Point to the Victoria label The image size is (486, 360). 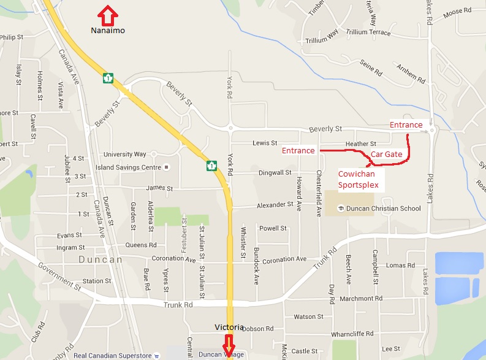[x=229, y=327]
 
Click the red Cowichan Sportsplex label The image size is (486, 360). [x=359, y=179]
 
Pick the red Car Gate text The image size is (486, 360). [x=387, y=155]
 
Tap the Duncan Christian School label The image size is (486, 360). [x=383, y=209]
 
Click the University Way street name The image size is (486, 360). [x=126, y=154]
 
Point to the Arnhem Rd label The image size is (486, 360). [x=410, y=73]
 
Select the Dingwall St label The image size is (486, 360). [x=275, y=173]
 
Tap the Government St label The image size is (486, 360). [x=59, y=274]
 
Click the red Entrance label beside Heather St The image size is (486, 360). [x=298, y=150]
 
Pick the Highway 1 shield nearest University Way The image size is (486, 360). [x=211, y=165]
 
